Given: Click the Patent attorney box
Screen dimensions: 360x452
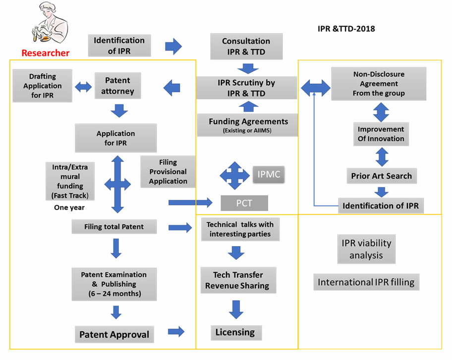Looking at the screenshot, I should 117,86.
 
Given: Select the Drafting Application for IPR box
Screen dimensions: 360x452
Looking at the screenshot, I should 43,86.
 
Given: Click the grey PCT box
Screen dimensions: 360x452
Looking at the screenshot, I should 244,203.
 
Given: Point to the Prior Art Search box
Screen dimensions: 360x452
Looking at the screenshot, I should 381,176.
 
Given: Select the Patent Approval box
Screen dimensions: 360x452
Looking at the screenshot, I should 114,334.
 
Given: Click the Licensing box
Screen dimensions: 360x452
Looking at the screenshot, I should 235,332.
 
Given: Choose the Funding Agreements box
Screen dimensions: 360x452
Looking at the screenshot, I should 248,125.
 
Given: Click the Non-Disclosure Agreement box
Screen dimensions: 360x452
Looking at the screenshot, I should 379,83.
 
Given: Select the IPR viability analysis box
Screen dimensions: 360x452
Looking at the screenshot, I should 366,249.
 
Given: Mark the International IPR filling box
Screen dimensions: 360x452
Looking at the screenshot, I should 367,282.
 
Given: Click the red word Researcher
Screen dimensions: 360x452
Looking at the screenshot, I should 45,53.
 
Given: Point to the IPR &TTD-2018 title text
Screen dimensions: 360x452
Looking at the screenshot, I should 346,29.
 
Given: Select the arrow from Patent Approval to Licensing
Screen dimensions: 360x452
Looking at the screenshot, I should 176,331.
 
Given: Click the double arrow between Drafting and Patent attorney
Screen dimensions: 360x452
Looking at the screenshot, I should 83,87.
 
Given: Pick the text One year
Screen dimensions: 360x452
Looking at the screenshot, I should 69,207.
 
